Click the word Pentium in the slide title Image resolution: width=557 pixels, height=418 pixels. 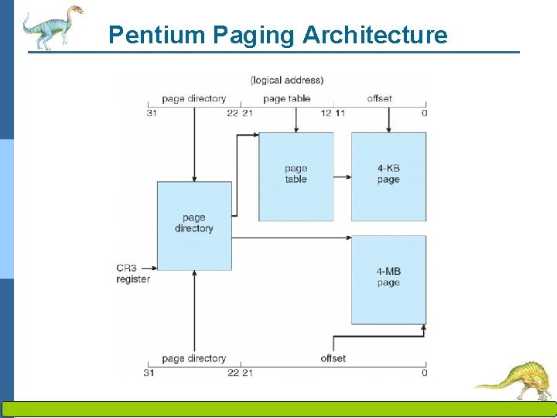146,35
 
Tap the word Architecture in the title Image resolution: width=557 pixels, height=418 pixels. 374,35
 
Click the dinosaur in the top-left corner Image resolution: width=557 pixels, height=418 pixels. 50,26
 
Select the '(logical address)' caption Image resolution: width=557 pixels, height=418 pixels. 287,80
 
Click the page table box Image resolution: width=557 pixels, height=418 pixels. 296,176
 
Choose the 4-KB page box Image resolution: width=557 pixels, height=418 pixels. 388,176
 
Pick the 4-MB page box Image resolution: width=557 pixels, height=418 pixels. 388,279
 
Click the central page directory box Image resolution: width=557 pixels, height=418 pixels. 194,224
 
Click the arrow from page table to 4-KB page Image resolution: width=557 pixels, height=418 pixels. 342,176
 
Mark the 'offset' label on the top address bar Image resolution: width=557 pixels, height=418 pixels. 379,98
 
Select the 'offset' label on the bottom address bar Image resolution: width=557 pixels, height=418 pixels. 333,358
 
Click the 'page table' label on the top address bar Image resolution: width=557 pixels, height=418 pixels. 286,98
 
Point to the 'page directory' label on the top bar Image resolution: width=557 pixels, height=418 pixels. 193,98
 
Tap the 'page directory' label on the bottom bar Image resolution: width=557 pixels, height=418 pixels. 193,358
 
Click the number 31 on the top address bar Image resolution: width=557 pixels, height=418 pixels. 152,114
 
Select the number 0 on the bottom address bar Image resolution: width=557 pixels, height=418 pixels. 424,373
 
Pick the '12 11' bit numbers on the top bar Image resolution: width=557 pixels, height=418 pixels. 333,114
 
